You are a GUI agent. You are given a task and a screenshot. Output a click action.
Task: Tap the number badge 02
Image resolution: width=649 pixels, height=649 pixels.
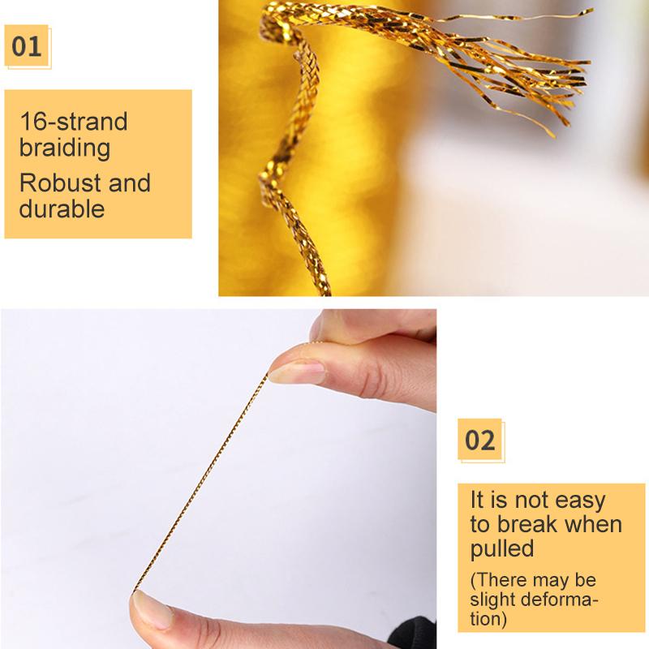479,441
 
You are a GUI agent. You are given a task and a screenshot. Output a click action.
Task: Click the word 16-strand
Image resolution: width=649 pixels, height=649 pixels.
74,122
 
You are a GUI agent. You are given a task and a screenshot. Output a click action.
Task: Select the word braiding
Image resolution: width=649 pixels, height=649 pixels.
65,148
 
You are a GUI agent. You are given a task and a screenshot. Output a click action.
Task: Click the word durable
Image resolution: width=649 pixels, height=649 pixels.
62,208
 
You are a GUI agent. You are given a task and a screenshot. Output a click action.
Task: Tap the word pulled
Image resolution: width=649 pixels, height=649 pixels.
502,549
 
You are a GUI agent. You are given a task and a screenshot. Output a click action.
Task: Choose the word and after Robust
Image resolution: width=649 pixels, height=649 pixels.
130,182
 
